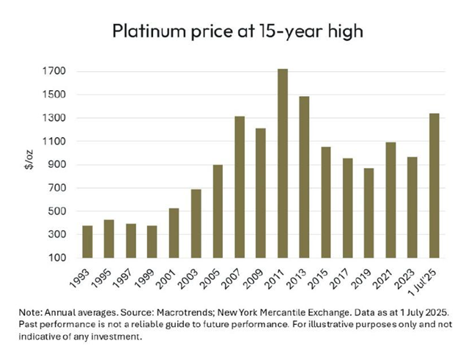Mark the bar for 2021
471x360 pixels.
click(x=390, y=200)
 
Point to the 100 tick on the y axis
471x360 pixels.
click(x=59, y=258)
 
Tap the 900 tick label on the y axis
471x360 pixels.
click(x=59, y=165)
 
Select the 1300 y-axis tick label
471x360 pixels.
click(x=56, y=118)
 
